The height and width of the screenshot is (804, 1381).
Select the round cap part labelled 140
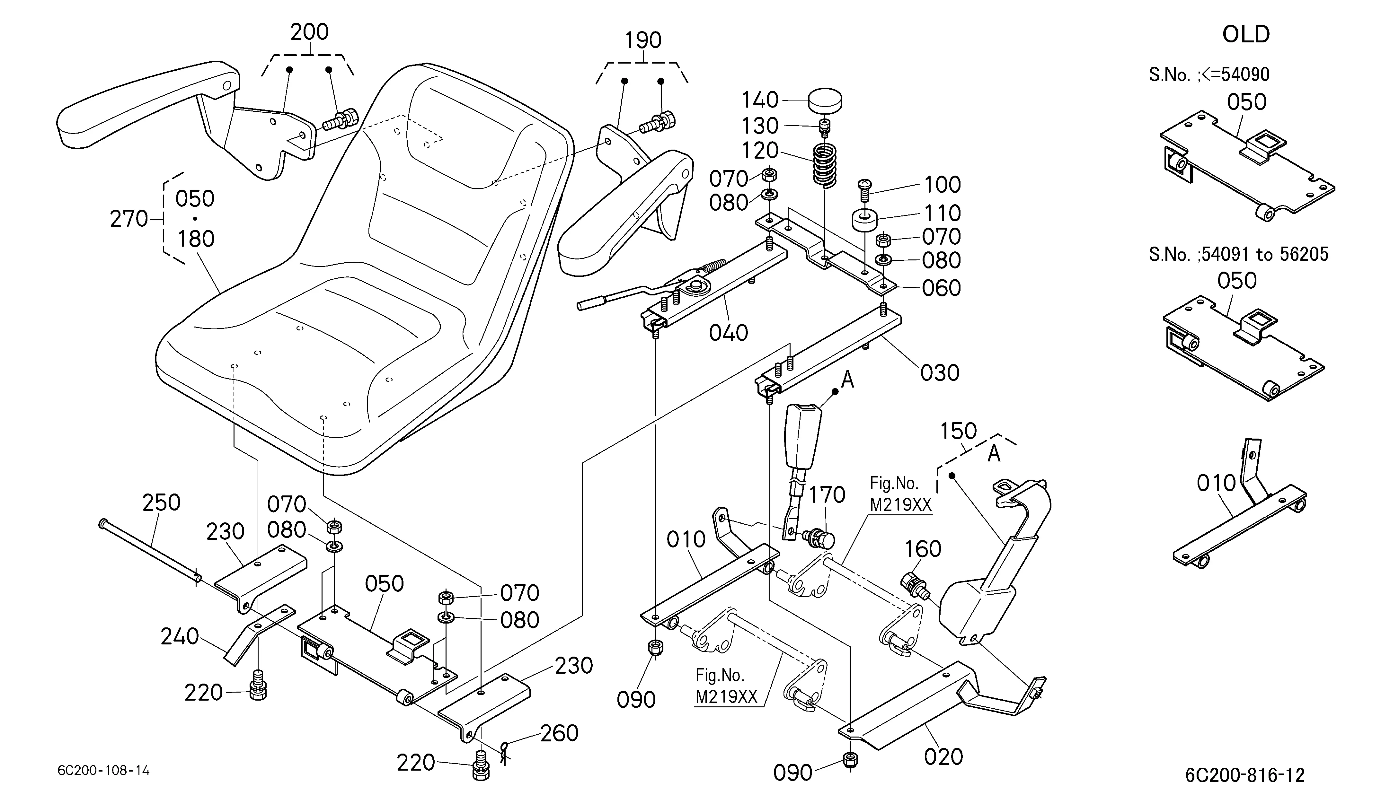(825, 102)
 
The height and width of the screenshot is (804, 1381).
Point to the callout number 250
(161, 502)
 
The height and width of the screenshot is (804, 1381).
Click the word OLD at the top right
(1246, 34)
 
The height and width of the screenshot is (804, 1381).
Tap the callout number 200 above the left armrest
(310, 32)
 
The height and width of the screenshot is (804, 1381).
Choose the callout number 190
(643, 40)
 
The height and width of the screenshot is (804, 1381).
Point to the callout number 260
(560, 733)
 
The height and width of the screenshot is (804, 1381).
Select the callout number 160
(922, 549)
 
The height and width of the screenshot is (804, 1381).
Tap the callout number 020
(943, 756)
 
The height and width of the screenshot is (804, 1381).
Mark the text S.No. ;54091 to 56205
(1238, 254)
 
